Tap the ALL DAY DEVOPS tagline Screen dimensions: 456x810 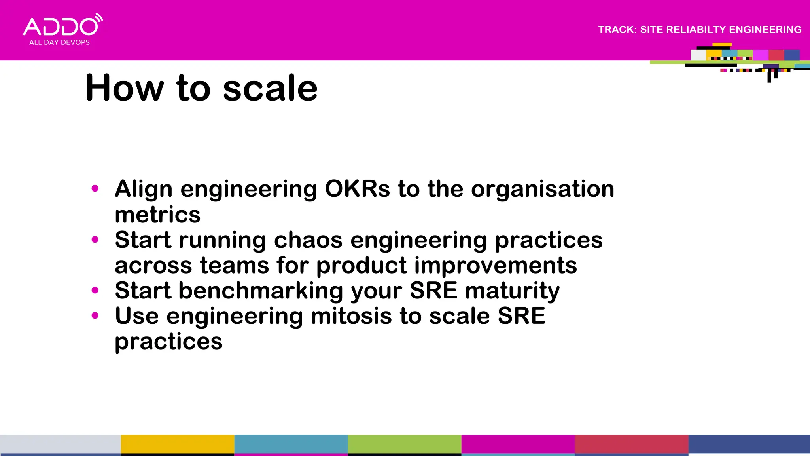[59, 42]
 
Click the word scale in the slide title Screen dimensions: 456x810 [270, 88]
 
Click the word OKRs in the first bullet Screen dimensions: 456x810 [357, 189]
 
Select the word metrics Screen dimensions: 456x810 [157, 215]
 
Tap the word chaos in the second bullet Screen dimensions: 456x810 [308, 240]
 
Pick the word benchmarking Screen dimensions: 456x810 [261, 291]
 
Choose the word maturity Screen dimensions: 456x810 [512, 291]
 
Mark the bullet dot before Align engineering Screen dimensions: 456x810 [95, 188]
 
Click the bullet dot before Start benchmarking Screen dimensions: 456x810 [95, 290]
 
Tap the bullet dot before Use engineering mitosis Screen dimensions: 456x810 [95, 315]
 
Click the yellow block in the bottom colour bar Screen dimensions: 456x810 [177, 444]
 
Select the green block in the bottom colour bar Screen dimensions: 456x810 [404, 444]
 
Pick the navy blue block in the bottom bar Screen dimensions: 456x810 [749, 444]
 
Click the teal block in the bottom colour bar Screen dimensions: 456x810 [291, 444]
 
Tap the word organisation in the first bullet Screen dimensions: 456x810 [543, 189]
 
